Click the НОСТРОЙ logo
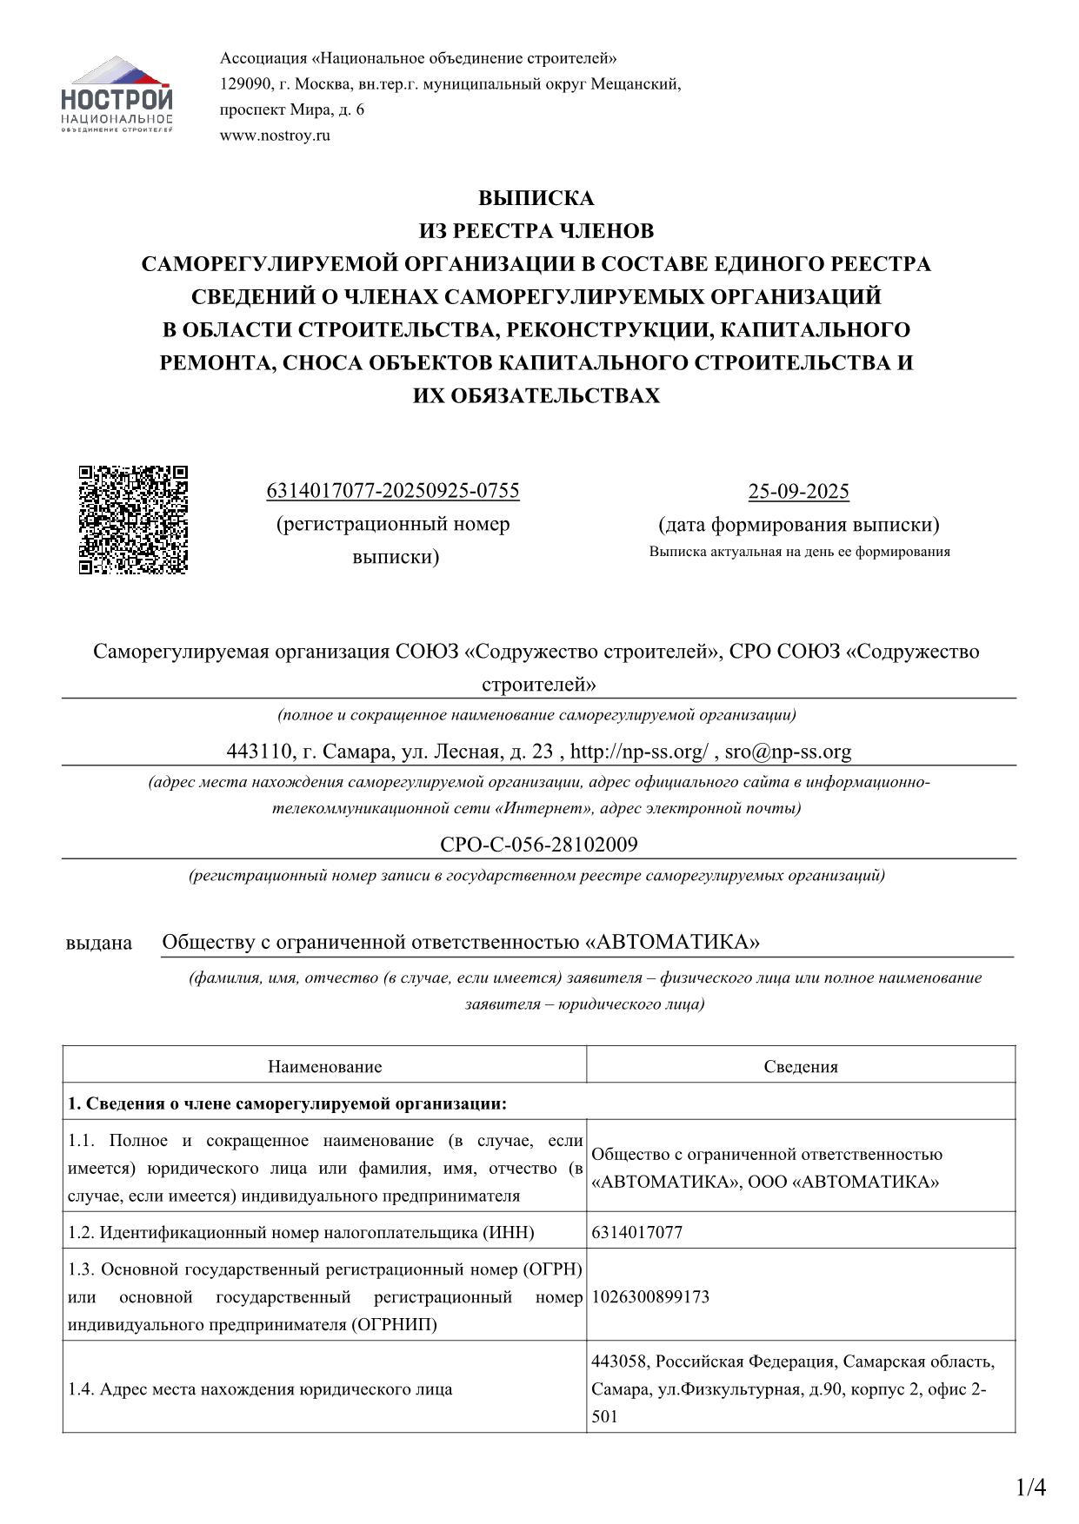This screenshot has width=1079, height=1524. [117, 95]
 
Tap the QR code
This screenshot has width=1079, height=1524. [134, 520]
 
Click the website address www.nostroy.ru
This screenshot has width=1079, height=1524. [275, 136]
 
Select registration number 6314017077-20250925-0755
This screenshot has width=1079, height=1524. [392, 491]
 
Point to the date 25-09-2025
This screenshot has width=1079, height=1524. [798, 492]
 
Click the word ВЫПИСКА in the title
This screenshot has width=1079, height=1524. [536, 198]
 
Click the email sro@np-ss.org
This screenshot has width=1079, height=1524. [788, 752]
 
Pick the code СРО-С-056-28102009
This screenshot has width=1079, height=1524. [539, 845]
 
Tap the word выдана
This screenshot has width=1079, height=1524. [99, 943]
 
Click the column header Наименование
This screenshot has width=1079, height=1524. [324, 1067]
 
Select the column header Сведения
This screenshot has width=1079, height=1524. [801, 1067]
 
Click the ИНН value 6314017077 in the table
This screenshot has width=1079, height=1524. [636, 1232]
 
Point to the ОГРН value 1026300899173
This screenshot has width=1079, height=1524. [650, 1297]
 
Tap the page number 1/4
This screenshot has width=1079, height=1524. [1031, 1488]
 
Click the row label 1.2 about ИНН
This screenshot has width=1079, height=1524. [301, 1232]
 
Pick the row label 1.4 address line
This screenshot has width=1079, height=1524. [260, 1389]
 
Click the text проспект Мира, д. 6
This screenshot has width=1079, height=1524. [292, 109]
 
